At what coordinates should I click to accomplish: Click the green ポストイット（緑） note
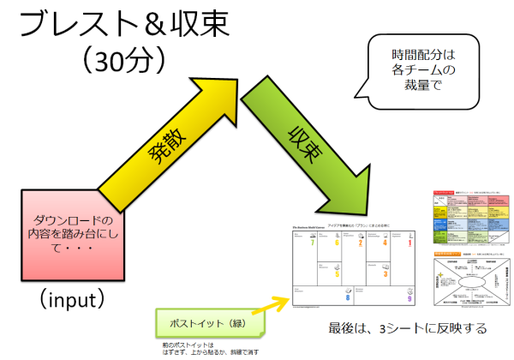click(x=210, y=327)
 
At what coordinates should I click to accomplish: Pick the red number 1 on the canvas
click(x=409, y=243)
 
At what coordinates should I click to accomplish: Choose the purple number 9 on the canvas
click(x=410, y=298)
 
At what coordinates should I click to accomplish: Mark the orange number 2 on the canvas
click(x=360, y=243)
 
